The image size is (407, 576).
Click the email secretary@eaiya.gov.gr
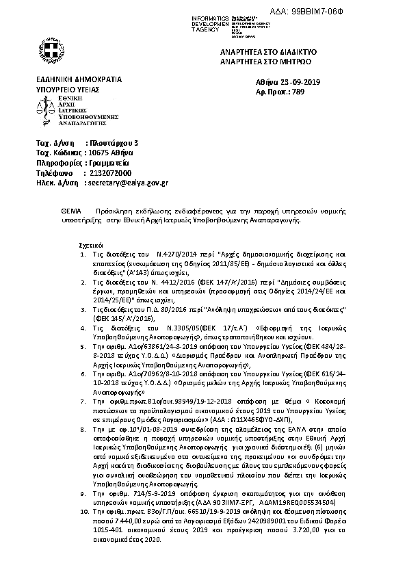click(x=128, y=183)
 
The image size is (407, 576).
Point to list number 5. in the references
click(x=83, y=328)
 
